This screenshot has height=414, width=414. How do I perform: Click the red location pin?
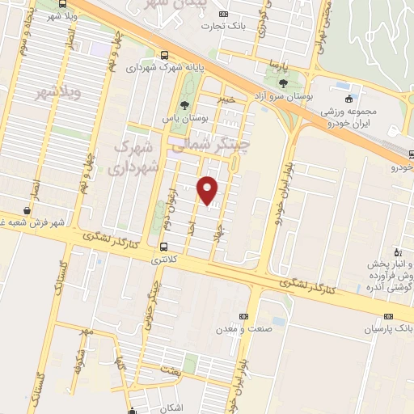coord(208,190)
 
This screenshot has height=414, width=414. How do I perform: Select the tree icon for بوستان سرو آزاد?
coord(282,82)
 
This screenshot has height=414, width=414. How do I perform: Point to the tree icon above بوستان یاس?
coord(184,105)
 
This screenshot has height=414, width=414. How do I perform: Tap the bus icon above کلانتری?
coord(164,247)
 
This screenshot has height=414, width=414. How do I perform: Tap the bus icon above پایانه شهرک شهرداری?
coord(165,56)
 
